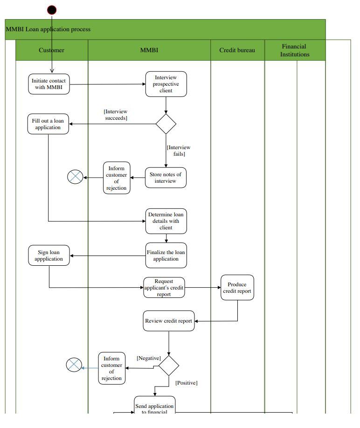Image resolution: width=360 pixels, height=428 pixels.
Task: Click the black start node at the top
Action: pos(52,10)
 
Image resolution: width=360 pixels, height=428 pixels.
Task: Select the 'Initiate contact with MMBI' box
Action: pos(49,84)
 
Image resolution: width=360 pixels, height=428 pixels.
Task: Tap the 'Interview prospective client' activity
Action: pos(166,84)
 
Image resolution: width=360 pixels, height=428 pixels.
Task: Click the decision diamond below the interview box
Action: pos(166,124)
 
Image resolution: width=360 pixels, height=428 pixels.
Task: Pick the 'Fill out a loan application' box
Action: pos(48,124)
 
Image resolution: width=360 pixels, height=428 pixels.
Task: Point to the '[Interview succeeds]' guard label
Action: pos(116,115)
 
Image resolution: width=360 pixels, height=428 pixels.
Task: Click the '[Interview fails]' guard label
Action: pos(179,151)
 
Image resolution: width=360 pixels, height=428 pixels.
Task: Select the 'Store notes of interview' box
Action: pos(166,178)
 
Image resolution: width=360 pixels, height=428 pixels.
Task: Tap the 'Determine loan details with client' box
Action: pos(166,221)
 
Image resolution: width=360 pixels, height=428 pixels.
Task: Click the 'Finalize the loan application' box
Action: pos(166,255)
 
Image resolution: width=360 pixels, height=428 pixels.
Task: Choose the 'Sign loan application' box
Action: pos(49,255)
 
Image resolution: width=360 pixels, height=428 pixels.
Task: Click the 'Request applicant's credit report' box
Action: pos(164,288)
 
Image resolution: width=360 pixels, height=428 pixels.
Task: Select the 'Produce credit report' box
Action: pos(237,288)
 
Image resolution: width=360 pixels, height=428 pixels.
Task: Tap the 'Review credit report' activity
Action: pos(168,321)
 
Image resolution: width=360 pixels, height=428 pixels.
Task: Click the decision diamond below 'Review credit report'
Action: pos(169,366)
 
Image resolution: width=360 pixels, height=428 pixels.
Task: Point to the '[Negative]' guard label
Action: pos(149,358)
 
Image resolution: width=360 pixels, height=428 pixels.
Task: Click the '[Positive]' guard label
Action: pos(186,383)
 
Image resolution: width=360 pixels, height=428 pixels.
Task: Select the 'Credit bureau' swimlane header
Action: pos(237,50)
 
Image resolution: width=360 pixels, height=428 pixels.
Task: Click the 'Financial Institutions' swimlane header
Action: pos(294,50)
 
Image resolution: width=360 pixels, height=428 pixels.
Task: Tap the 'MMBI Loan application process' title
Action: pos(48,29)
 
